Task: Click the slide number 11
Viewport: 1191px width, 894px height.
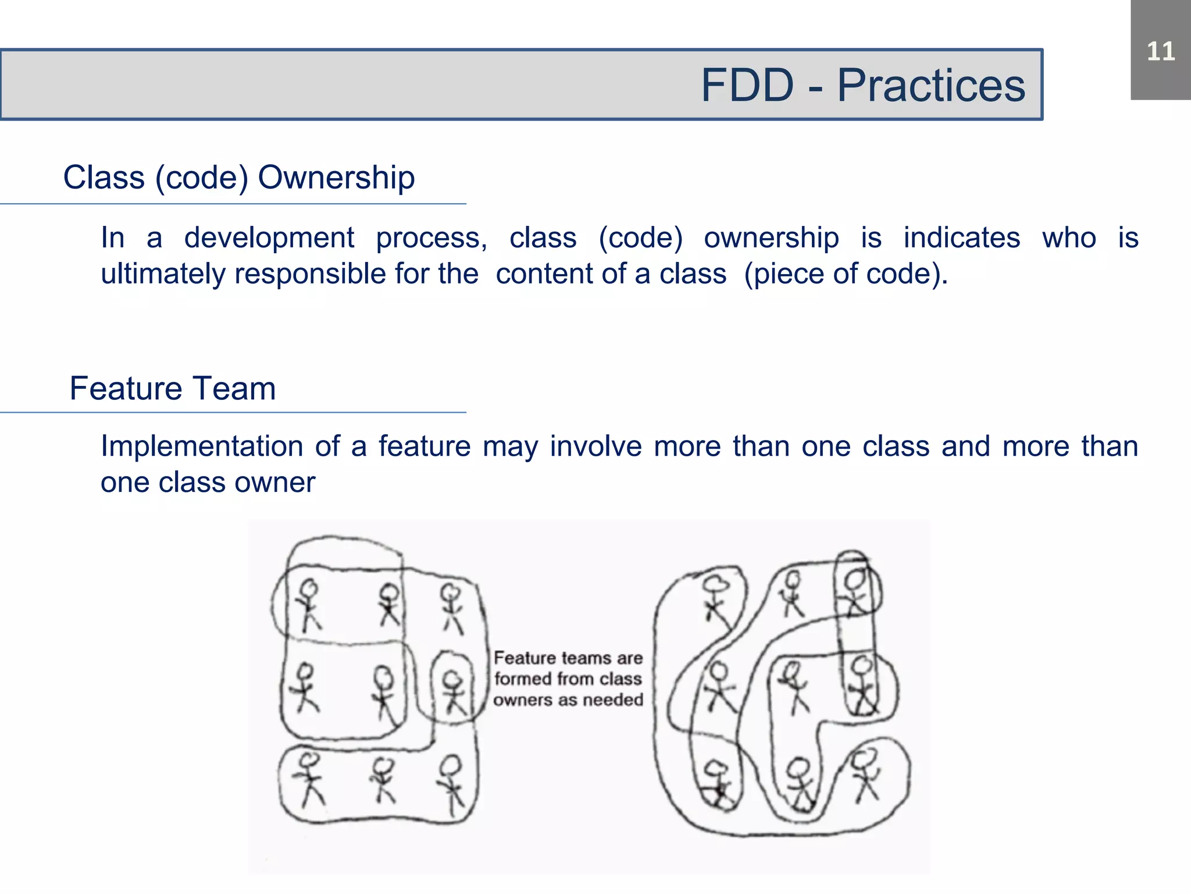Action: (1161, 51)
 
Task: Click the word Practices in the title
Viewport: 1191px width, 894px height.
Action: (930, 86)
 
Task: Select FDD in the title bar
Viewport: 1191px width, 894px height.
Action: (747, 86)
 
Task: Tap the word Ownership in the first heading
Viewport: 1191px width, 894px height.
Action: (336, 177)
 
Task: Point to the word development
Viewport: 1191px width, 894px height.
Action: (269, 237)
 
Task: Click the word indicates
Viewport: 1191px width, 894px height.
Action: (961, 237)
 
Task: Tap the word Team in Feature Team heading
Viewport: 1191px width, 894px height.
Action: (235, 388)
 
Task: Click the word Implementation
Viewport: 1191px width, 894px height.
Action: (201, 446)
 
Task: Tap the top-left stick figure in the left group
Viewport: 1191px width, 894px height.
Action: (308, 605)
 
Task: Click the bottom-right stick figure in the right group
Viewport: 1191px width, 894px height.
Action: (865, 775)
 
